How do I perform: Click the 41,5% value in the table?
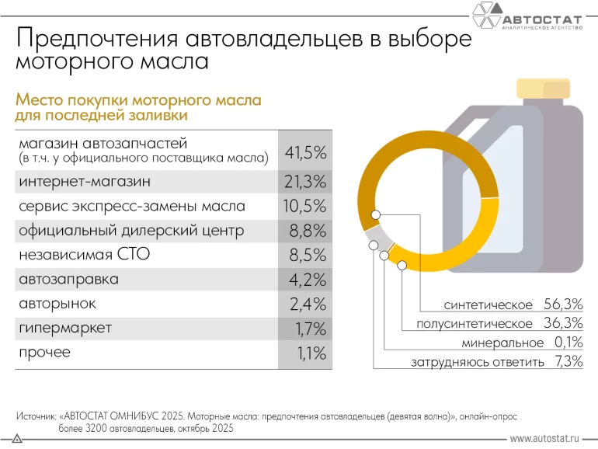[x=305, y=153]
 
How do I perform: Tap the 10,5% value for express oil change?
[x=305, y=207]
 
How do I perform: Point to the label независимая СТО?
[x=84, y=255]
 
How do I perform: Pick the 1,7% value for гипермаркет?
[x=309, y=329]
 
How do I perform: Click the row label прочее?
[x=44, y=352]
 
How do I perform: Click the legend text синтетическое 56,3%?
[x=513, y=304]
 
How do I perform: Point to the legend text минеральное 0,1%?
[x=521, y=343]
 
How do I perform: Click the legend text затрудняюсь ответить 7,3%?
[x=497, y=362]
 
